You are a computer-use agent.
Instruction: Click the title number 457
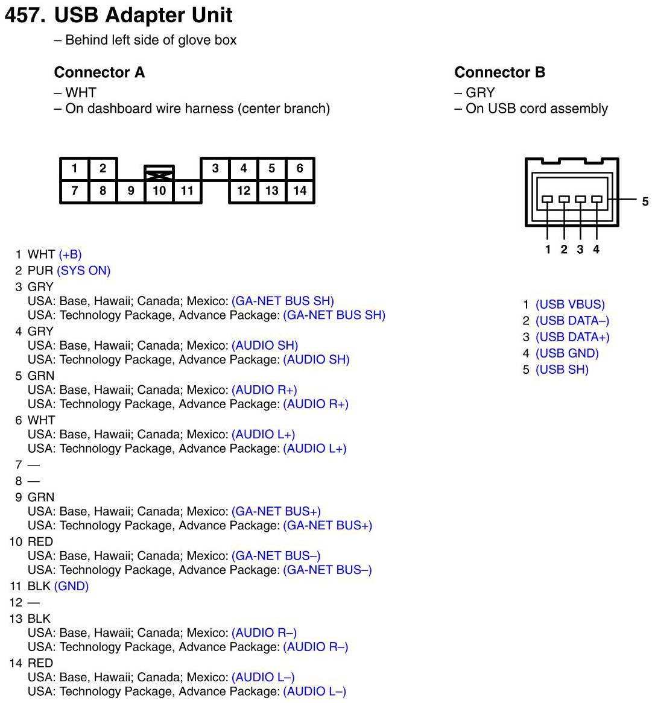click(x=25, y=15)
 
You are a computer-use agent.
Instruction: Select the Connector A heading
click(x=100, y=72)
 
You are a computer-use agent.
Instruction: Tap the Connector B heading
click(x=499, y=72)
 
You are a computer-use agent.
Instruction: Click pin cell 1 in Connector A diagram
click(x=74, y=168)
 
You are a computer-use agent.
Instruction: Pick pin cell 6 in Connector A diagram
click(x=300, y=168)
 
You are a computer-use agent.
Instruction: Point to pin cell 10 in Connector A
click(x=159, y=191)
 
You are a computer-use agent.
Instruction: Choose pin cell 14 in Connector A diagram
click(x=300, y=191)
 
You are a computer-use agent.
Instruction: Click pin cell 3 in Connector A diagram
click(x=215, y=168)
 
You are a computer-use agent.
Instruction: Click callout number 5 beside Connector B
click(x=645, y=201)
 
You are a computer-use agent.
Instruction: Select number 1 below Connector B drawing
click(x=548, y=249)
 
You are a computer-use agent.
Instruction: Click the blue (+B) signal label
click(x=70, y=254)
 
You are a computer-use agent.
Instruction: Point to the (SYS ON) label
click(x=84, y=271)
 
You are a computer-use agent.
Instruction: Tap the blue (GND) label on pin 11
click(x=71, y=586)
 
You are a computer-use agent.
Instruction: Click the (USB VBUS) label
click(x=570, y=304)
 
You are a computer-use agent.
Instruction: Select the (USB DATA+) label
click(x=572, y=337)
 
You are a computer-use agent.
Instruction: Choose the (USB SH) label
click(x=562, y=370)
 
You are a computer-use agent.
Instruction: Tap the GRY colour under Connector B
click(x=480, y=93)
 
